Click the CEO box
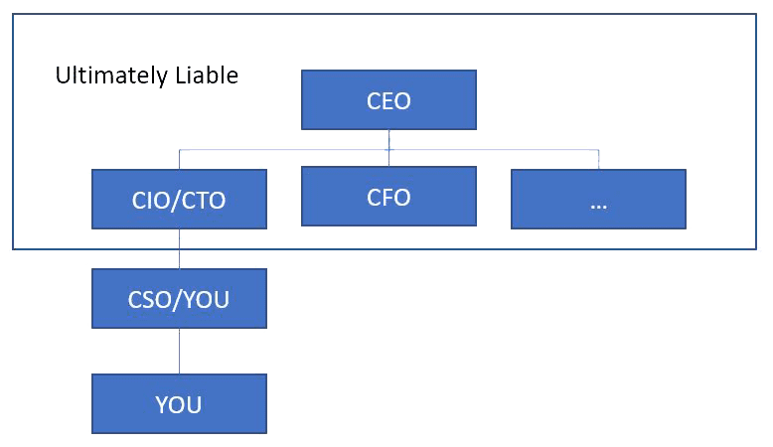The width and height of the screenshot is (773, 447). [x=388, y=99]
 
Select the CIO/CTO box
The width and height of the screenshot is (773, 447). [x=179, y=200]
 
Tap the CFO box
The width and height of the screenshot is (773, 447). [x=388, y=196]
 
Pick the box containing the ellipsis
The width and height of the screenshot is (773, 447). [x=598, y=200]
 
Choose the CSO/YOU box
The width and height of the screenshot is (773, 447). [x=179, y=298]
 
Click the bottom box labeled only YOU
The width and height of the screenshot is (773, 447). [x=179, y=403]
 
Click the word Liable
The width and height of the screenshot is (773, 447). [x=208, y=75]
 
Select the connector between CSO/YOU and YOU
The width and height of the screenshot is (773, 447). [x=180, y=351]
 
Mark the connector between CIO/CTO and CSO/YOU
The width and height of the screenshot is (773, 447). [x=180, y=248]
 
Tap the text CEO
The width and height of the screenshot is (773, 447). [x=388, y=100]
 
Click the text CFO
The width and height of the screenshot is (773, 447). [x=388, y=197]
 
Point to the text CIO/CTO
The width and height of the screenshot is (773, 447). [x=179, y=201]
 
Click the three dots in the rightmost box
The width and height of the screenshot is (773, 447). [x=598, y=205]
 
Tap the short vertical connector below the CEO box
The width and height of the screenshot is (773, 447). [x=388, y=139]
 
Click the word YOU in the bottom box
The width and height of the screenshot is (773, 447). [x=179, y=404]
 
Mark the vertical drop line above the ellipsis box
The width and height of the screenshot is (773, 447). [x=598, y=159]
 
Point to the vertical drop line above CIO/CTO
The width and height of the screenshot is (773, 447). [x=180, y=159]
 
